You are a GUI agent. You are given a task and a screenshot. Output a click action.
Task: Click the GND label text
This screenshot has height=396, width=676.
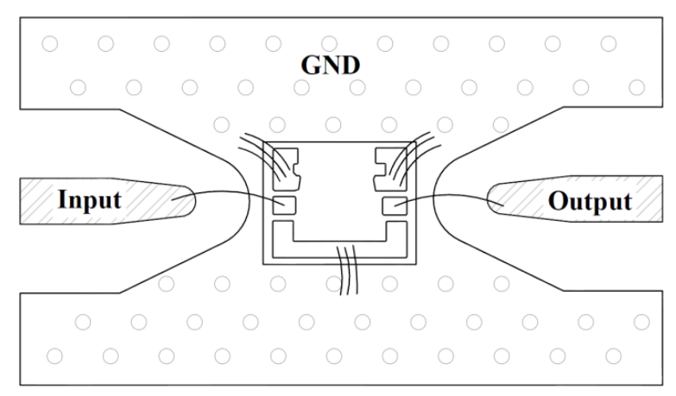point(331,65)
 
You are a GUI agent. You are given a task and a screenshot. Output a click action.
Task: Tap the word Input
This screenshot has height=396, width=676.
point(90,200)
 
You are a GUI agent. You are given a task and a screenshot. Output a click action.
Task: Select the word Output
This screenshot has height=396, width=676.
point(590,201)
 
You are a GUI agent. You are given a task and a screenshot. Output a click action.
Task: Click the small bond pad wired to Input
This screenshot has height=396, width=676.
point(285,205)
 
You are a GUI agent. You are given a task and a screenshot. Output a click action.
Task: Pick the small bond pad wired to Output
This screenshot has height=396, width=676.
point(395,206)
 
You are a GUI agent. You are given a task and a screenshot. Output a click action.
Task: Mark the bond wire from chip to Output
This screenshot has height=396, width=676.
point(448,196)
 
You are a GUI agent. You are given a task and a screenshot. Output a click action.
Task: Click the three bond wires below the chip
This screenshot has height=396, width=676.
point(348,270)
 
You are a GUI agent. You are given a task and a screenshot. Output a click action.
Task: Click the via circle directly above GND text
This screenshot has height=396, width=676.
point(329,43)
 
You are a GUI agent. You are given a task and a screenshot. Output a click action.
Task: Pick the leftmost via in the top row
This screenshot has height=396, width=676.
point(50,43)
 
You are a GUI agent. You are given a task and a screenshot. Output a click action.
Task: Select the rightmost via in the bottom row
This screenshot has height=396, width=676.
point(614,356)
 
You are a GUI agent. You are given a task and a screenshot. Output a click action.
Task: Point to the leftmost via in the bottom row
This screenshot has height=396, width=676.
point(54,356)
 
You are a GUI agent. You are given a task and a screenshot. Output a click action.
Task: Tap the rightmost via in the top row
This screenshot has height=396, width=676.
point(609,43)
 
